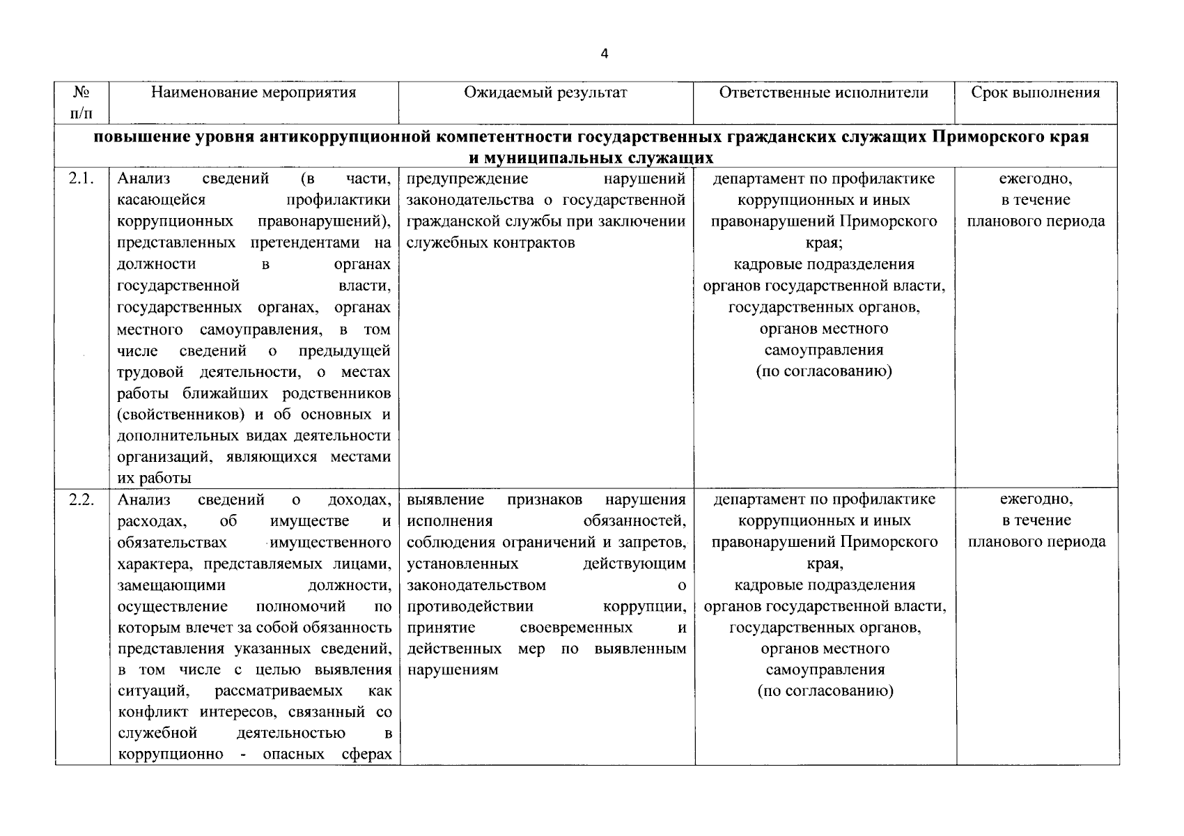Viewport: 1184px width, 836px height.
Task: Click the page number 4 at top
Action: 604,54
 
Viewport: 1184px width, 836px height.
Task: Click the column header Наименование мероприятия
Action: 254,93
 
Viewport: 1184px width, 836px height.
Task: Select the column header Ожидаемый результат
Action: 545,93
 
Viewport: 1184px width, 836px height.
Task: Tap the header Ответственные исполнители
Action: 823,93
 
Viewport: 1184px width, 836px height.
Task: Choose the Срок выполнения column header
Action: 1036,93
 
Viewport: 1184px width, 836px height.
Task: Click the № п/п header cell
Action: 82,102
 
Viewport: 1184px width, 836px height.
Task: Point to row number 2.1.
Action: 81,179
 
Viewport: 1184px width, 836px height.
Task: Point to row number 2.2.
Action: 81,500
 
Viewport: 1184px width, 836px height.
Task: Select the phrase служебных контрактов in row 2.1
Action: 490,243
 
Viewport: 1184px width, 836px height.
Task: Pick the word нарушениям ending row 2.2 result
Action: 453,670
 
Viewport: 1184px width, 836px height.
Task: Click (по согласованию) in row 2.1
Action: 824,371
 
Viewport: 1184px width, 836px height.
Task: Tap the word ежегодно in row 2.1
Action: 1036,179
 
